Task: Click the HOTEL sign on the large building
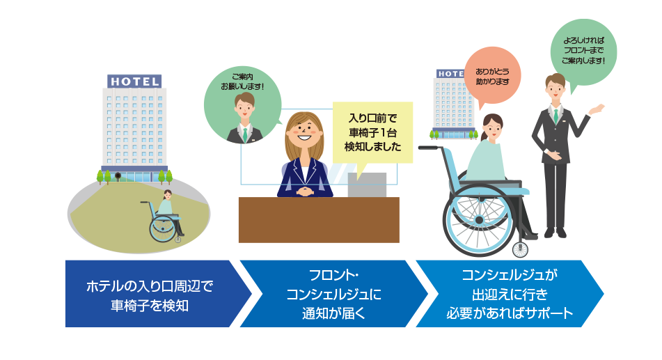(x=134, y=81)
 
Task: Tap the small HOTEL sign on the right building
(x=450, y=73)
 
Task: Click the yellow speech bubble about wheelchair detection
(x=372, y=132)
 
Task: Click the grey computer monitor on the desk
(x=367, y=185)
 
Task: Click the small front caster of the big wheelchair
(x=518, y=249)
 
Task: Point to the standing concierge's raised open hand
(x=596, y=109)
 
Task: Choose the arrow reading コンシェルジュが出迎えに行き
(x=510, y=294)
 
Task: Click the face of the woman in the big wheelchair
(x=492, y=127)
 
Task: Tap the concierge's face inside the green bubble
(x=244, y=107)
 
